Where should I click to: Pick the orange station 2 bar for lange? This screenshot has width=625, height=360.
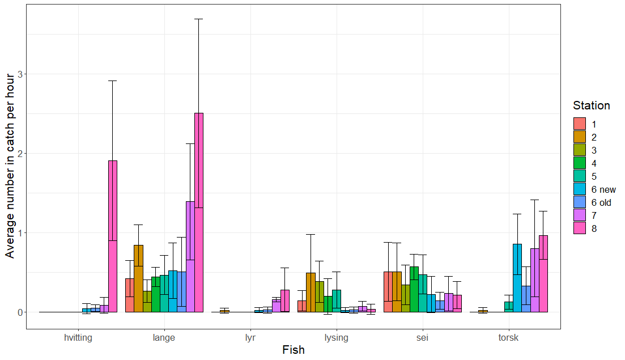click(x=138, y=278)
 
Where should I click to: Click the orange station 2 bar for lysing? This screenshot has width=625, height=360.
click(x=311, y=293)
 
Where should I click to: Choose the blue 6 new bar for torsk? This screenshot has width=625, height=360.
click(x=517, y=278)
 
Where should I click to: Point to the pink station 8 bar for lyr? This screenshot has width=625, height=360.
click(x=284, y=301)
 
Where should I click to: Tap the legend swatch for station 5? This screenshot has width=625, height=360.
click(x=580, y=176)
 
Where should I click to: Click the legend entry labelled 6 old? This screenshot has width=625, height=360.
click(x=601, y=202)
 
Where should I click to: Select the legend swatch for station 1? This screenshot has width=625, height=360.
click(x=580, y=124)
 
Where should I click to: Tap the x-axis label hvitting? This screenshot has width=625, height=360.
click(x=78, y=338)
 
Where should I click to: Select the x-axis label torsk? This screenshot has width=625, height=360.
click(x=508, y=338)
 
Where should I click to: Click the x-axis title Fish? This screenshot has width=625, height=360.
click(x=293, y=350)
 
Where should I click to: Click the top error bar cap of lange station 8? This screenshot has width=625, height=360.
click(x=198, y=19)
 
